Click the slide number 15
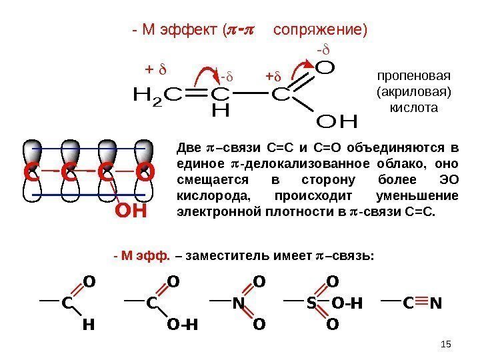click(x=447, y=343)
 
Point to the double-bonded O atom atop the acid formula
click(x=325, y=68)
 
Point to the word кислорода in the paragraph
click(x=207, y=197)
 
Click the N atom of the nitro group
click(x=237, y=304)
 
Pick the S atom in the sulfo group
click(x=311, y=304)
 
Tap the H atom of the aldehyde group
click(x=87, y=326)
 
